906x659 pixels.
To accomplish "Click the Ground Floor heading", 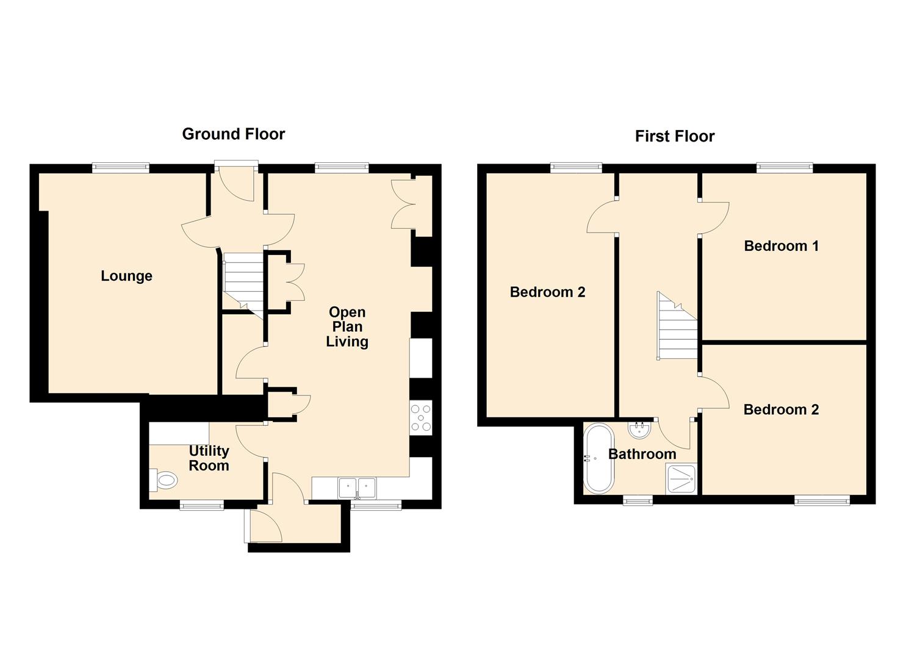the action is [x=234, y=134].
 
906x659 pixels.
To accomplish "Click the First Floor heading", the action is [x=675, y=136].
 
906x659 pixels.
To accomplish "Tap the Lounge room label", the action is [x=127, y=276].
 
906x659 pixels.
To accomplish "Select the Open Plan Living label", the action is [x=347, y=327].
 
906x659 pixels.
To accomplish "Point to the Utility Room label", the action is [x=209, y=458].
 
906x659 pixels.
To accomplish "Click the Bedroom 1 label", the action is [x=781, y=246].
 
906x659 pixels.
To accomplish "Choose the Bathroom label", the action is [x=642, y=454].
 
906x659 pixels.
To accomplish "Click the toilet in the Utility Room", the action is [x=164, y=481].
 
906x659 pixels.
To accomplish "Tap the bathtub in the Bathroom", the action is [x=599, y=458].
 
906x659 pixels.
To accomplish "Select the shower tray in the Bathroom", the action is [x=681, y=478].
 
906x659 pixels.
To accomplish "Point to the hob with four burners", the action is [x=421, y=418].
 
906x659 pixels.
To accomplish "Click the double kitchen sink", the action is [x=358, y=488].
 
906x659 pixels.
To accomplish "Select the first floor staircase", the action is [x=677, y=326].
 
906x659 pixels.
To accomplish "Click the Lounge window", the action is [x=121, y=167].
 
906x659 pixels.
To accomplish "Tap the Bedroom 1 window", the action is [x=785, y=167].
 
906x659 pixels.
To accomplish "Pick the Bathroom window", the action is [x=638, y=500].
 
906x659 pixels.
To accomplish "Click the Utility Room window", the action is [x=202, y=505].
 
